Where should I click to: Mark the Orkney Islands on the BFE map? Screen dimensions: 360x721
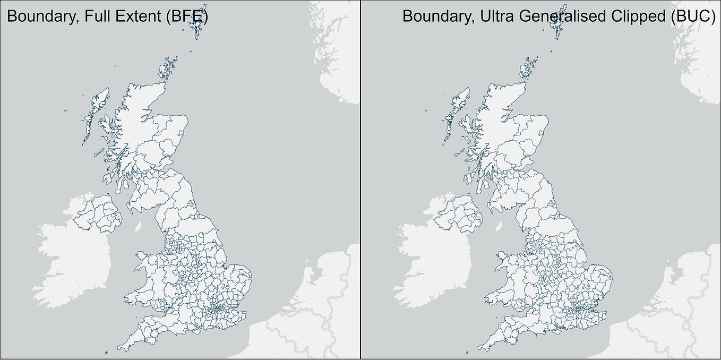pyautogui.click(x=168, y=69)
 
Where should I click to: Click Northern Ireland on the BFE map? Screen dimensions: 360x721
pyautogui.click(x=99, y=212)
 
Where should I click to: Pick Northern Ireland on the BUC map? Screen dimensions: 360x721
pyautogui.click(x=459, y=212)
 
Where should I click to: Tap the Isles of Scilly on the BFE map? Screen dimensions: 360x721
pyautogui.click(x=107, y=352)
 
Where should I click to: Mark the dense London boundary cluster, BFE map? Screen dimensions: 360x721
pyautogui.click(x=218, y=308)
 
